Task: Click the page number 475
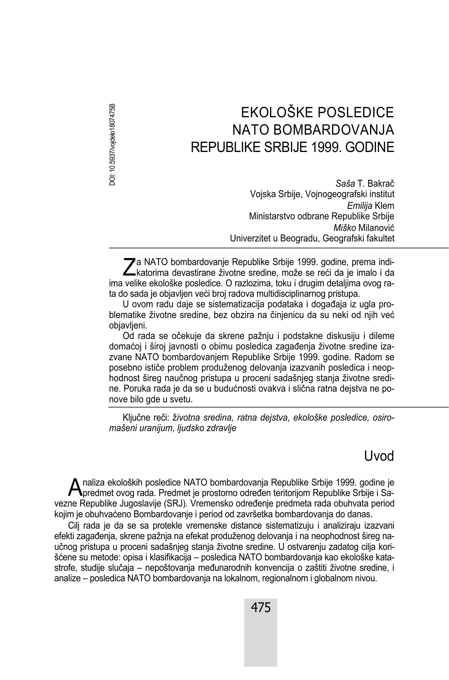point(261,608)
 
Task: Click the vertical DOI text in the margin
point(113,144)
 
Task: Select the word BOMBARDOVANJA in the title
point(334,130)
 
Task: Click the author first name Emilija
point(359,206)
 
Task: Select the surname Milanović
point(376,228)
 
